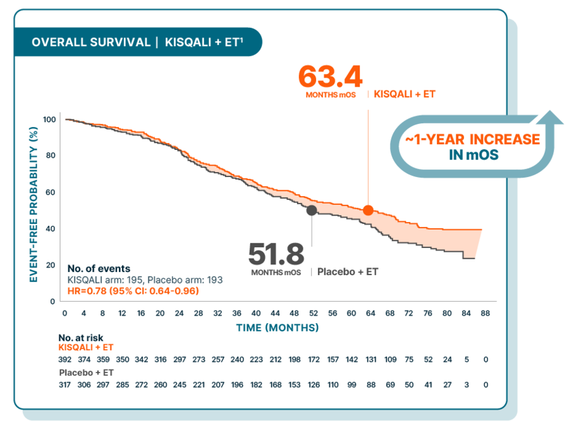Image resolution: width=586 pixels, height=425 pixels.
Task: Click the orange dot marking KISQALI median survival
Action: [x=368, y=210]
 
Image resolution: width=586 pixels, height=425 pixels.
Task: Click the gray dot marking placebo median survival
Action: [x=312, y=210]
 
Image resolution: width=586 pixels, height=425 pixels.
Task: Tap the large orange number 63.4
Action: [x=330, y=77]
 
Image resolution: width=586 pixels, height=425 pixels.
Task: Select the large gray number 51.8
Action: [x=276, y=254]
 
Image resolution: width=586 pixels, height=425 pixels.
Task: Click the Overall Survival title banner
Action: [x=137, y=42]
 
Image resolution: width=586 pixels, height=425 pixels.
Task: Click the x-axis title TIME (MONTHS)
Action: [x=278, y=328]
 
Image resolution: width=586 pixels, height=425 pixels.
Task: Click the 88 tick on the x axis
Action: [x=484, y=313]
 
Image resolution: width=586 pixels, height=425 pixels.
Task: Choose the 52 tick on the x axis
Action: [x=313, y=313]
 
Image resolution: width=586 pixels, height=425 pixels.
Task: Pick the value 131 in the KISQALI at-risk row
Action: [x=371, y=360]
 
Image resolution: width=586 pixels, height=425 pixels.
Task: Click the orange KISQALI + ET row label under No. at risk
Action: [x=85, y=347]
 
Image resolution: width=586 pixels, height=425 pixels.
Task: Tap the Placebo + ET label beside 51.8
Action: [x=347, y=271]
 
